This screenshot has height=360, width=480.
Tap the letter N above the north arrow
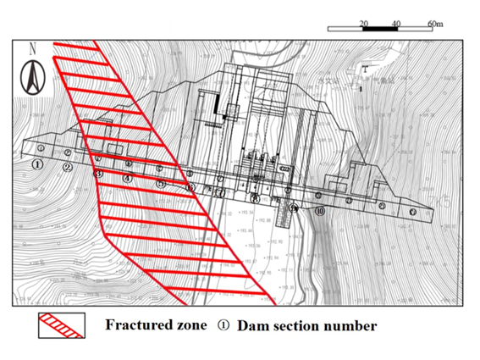[x=31, y=49]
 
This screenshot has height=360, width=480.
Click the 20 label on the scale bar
[x=363, y=23]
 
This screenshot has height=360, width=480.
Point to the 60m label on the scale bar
[x=434, y=23]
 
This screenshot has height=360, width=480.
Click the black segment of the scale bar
[x=380, y=30]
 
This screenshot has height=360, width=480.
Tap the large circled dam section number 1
[x=38, y=164]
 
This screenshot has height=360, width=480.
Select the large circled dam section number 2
[x=68, y=167]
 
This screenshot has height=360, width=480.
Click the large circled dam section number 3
[x=98, y=173]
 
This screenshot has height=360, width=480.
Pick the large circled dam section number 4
[x=128, y=178]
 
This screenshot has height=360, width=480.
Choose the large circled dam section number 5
[x=160, y=183]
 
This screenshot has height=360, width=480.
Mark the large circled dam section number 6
[x=190, y=188]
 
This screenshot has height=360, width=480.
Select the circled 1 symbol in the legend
[x=223, y=325]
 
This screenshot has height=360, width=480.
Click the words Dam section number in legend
[x=306, y=325]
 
